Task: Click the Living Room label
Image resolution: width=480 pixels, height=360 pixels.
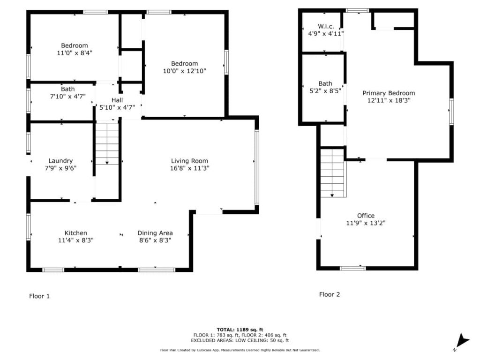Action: point(189,161)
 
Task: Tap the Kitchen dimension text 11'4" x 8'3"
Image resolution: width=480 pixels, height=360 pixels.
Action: point(75,240)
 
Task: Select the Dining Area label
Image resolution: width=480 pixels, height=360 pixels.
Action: point(155,233)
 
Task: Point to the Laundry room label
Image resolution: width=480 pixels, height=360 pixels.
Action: point(60,161)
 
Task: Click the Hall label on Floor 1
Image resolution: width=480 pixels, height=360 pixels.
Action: point(117,100)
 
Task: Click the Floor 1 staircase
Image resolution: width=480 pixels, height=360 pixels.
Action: point(107,143)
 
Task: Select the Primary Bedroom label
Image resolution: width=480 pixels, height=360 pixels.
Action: point(389,93)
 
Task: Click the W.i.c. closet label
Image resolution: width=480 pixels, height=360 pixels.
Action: point(326,26)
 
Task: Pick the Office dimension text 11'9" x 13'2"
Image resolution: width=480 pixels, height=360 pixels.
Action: point(366,223)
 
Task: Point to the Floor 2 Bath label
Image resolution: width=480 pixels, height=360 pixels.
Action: point(325,83)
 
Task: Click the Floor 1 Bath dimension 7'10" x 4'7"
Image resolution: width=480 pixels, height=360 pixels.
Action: point(67,97)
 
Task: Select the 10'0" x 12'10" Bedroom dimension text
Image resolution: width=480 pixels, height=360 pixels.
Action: point(184,71)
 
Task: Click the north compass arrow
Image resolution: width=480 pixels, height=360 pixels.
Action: point(462,340)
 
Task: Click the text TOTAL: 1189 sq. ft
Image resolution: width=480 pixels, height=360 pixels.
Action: point(240,330)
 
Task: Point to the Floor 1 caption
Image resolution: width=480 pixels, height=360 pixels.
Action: point(39,296)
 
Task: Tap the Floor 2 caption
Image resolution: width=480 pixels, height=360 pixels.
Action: point(330,294)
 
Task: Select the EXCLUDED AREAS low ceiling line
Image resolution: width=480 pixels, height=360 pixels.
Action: point(240,340)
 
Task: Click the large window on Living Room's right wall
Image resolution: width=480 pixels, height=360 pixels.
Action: point(257,167)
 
